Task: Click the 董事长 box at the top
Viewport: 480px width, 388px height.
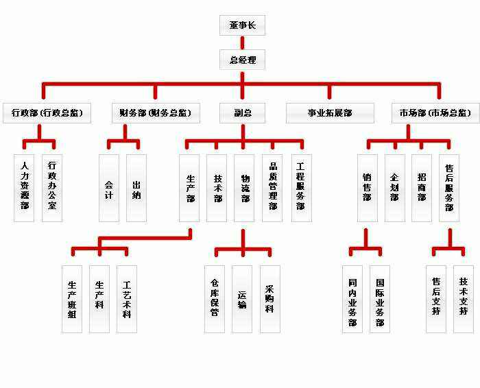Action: click(x=242, y=25)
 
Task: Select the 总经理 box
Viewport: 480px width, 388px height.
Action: click(x=242, y=60)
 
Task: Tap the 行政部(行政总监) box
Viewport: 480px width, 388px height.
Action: click(x=47, y=113)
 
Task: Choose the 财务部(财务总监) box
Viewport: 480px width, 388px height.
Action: click(x=155, y=113)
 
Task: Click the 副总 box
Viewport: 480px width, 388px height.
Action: click(x=242, y=113)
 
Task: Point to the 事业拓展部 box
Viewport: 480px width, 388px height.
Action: click(x=330, y=113)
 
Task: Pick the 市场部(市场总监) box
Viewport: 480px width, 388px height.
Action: click(x=435, y=113)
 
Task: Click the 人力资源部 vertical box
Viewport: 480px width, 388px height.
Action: click(x=25, y=187)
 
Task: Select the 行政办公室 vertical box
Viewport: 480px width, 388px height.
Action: click(x=52, y=187)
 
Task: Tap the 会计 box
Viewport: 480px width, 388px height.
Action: click(x=109, y=187)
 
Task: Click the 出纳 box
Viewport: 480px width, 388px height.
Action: click(x=136, y=187)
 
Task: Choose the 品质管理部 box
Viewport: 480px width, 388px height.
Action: click(x=272, y=187)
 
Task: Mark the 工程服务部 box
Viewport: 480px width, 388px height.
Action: click(x=300, y=187)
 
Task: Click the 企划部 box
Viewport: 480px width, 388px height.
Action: click(x=394, y=187)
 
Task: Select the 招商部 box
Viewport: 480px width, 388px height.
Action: click(x=422, y=187)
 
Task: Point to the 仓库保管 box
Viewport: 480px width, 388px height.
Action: click(x=215, y=299)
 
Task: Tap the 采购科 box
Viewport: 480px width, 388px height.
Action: click(x=269, y=299)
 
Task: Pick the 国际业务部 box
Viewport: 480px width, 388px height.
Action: click(x=379, y=299)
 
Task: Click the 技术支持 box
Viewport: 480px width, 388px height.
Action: click(x=464, y=299)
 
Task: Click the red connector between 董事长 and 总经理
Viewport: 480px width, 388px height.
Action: click(x=242, y=43)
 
